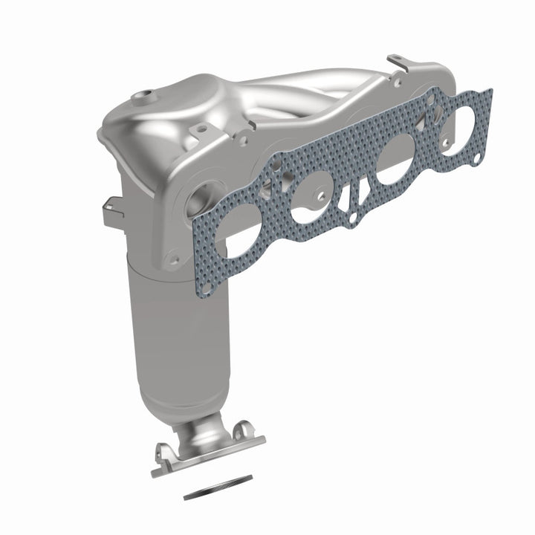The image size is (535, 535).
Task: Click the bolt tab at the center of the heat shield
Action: coord(198,132)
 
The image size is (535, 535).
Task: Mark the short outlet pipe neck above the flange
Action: coord(204,430)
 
